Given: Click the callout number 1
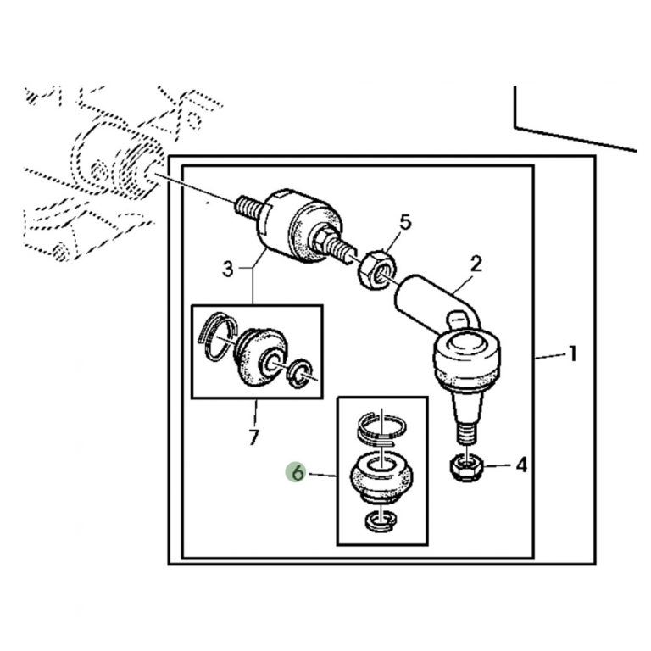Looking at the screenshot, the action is click(x=572, y=354).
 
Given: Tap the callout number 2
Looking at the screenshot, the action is click(x=476, y=264).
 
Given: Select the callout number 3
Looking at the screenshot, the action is click(x=228, y=270).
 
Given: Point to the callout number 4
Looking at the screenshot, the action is click(x=521, y=465).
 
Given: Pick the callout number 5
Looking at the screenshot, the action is click(x=405, y=222).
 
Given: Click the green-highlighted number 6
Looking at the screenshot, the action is click(x=298, y=473).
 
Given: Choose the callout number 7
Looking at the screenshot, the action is click(x=253, y=437).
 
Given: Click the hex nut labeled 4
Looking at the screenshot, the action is click(x=466, y=468).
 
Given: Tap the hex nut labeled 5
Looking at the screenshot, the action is click(x=376, y=270).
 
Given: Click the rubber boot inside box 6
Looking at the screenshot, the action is click(x=381, y=477).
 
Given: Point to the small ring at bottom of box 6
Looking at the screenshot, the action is click(x=381, y=520).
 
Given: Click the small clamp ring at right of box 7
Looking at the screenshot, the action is click(x=301, y=372).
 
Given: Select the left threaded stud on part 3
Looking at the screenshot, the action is click(x=248, y=206).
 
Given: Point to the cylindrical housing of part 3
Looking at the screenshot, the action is click(x=298, y=227).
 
